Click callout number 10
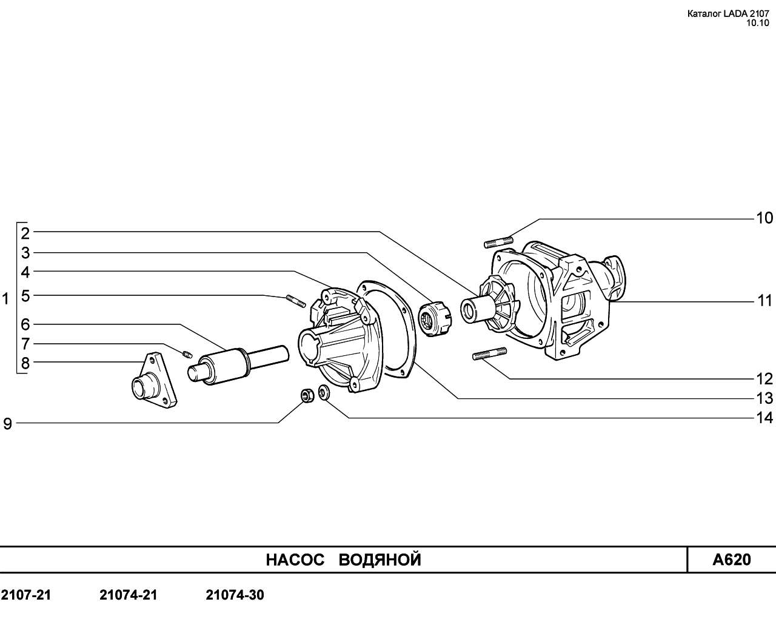[764, 218]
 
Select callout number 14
[764, 418]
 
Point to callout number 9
[7, 424]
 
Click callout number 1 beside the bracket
[5, 299]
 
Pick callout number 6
[25, 324]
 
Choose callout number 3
[25, 253]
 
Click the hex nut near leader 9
[307, 396]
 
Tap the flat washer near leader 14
[324, 392]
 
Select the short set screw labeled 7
[187, 355]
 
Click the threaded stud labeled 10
[498, 242]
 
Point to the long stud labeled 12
[489, 353]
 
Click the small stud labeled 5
[296, 301]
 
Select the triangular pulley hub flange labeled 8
[155, 380]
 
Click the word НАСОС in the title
[295, 560]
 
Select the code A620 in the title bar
[732, 560]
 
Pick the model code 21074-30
[235, 595]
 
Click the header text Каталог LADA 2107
[728, 14]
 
